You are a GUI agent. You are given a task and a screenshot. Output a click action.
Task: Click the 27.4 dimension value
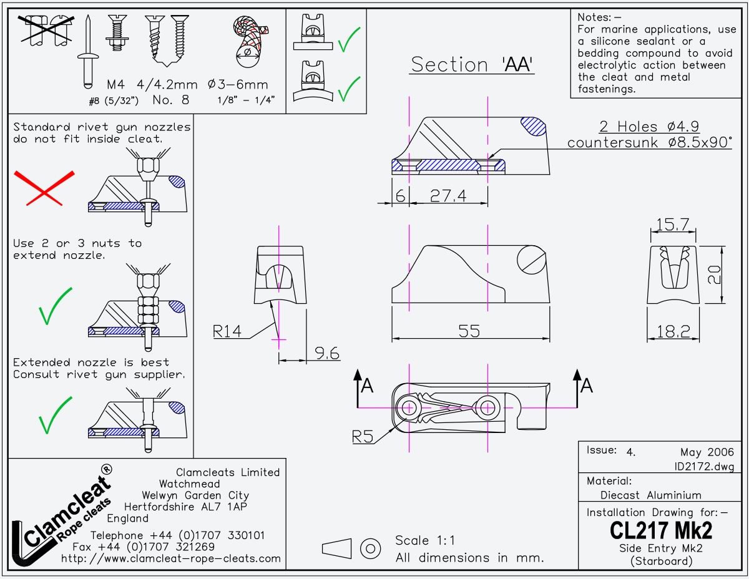click(448, 196)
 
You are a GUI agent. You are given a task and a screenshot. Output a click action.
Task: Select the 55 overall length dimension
click(469, 331)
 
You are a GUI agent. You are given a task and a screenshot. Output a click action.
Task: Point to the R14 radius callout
click(227, 331)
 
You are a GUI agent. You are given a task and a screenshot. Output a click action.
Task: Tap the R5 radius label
click(363, 436)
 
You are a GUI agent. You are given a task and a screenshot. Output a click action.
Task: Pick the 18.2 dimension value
click(673, 332)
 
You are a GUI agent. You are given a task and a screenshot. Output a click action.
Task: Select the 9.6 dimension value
click(327, 354)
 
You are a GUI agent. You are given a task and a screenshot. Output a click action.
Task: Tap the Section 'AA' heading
click(472, 65)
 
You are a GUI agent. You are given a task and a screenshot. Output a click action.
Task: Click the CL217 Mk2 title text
click(660, 531)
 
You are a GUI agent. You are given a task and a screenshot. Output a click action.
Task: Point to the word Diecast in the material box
click(620, 495)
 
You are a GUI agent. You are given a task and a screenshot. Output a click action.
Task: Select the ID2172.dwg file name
click(703, 467)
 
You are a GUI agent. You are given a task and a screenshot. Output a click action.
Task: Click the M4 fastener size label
click(117, 84)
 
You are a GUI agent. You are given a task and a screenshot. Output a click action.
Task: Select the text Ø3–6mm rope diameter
click(238, 84)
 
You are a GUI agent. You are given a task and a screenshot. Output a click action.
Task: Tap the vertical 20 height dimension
click(715, 275)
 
